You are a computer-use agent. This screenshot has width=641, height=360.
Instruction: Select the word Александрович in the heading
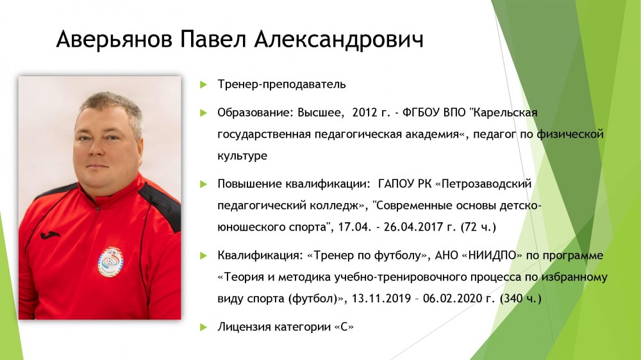[x=339, y=40]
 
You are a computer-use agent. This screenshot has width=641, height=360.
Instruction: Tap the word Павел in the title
[x=213, y=40]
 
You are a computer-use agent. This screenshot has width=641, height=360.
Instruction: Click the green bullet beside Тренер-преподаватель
[x=204, y=85]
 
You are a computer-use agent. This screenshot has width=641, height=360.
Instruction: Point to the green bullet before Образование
[x=204, y=113]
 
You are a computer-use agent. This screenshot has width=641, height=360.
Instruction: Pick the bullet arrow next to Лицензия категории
[x=204, y=327]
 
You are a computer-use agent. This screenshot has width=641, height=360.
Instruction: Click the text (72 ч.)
[x=478, y=227]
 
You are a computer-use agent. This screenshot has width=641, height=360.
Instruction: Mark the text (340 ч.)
[x=520, y=299]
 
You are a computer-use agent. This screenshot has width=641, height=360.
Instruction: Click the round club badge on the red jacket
[x=110, y=261]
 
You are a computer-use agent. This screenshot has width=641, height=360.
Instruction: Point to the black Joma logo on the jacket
[x=50, y=235]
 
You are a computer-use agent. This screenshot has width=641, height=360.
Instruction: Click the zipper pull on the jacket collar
[x=97, y=210]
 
